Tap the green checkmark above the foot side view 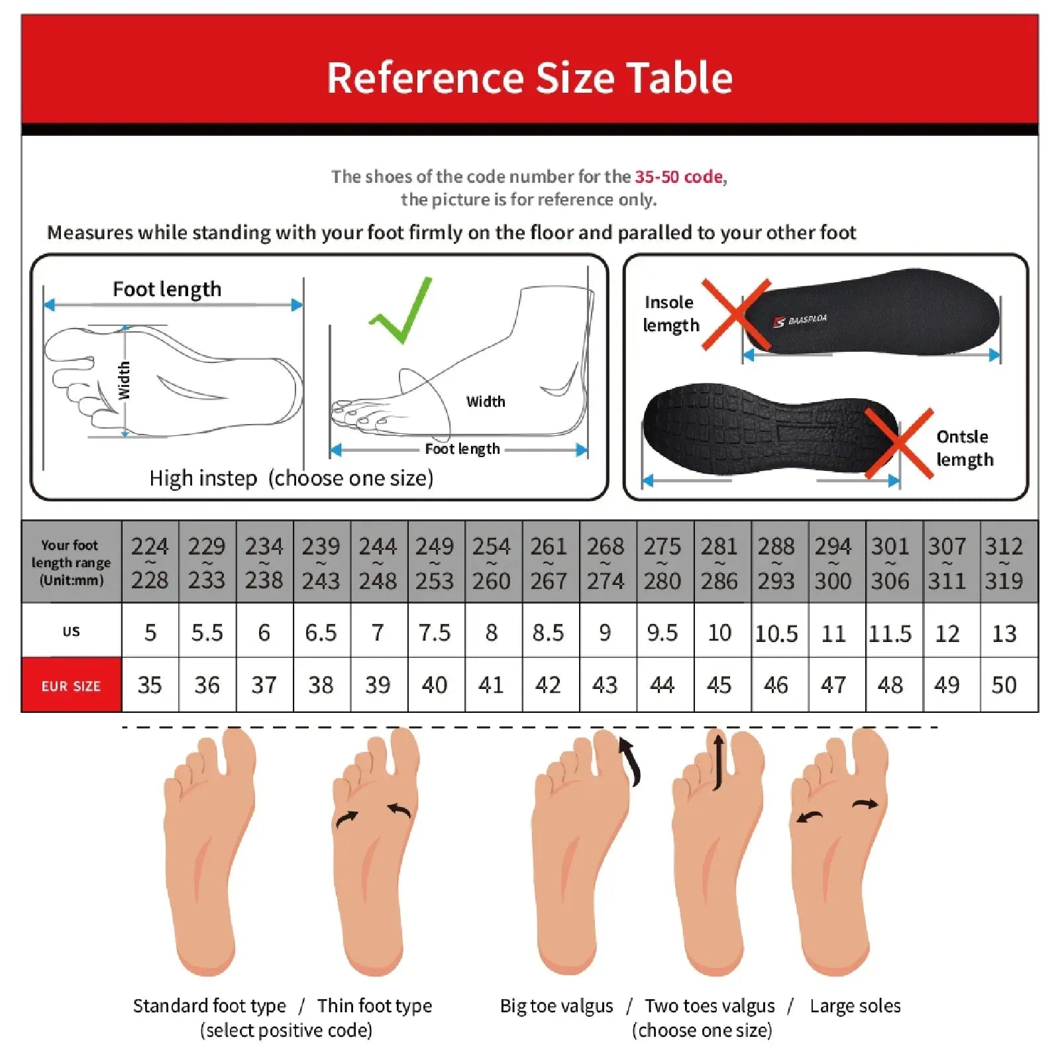(x=401, y=310)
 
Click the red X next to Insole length (x=736, y=314)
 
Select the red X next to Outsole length (x=899, y=443)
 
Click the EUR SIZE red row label (x=71, y=686)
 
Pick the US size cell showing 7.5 (x=435, y=633)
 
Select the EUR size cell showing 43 (x=605, y=685)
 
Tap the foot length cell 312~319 (x=1004, y=563)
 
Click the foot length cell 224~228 (x=150, y=563)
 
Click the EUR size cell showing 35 (x=150, y=685)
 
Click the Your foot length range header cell (x=71, y=562)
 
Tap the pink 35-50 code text (x=678, y=177)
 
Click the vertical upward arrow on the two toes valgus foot (x=718, y=761)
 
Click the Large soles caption (x=855, y=1006)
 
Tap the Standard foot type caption (x=209, y=1006)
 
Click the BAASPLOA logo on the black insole (x=801, y=321)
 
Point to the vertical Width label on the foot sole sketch (x=124, y=380)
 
